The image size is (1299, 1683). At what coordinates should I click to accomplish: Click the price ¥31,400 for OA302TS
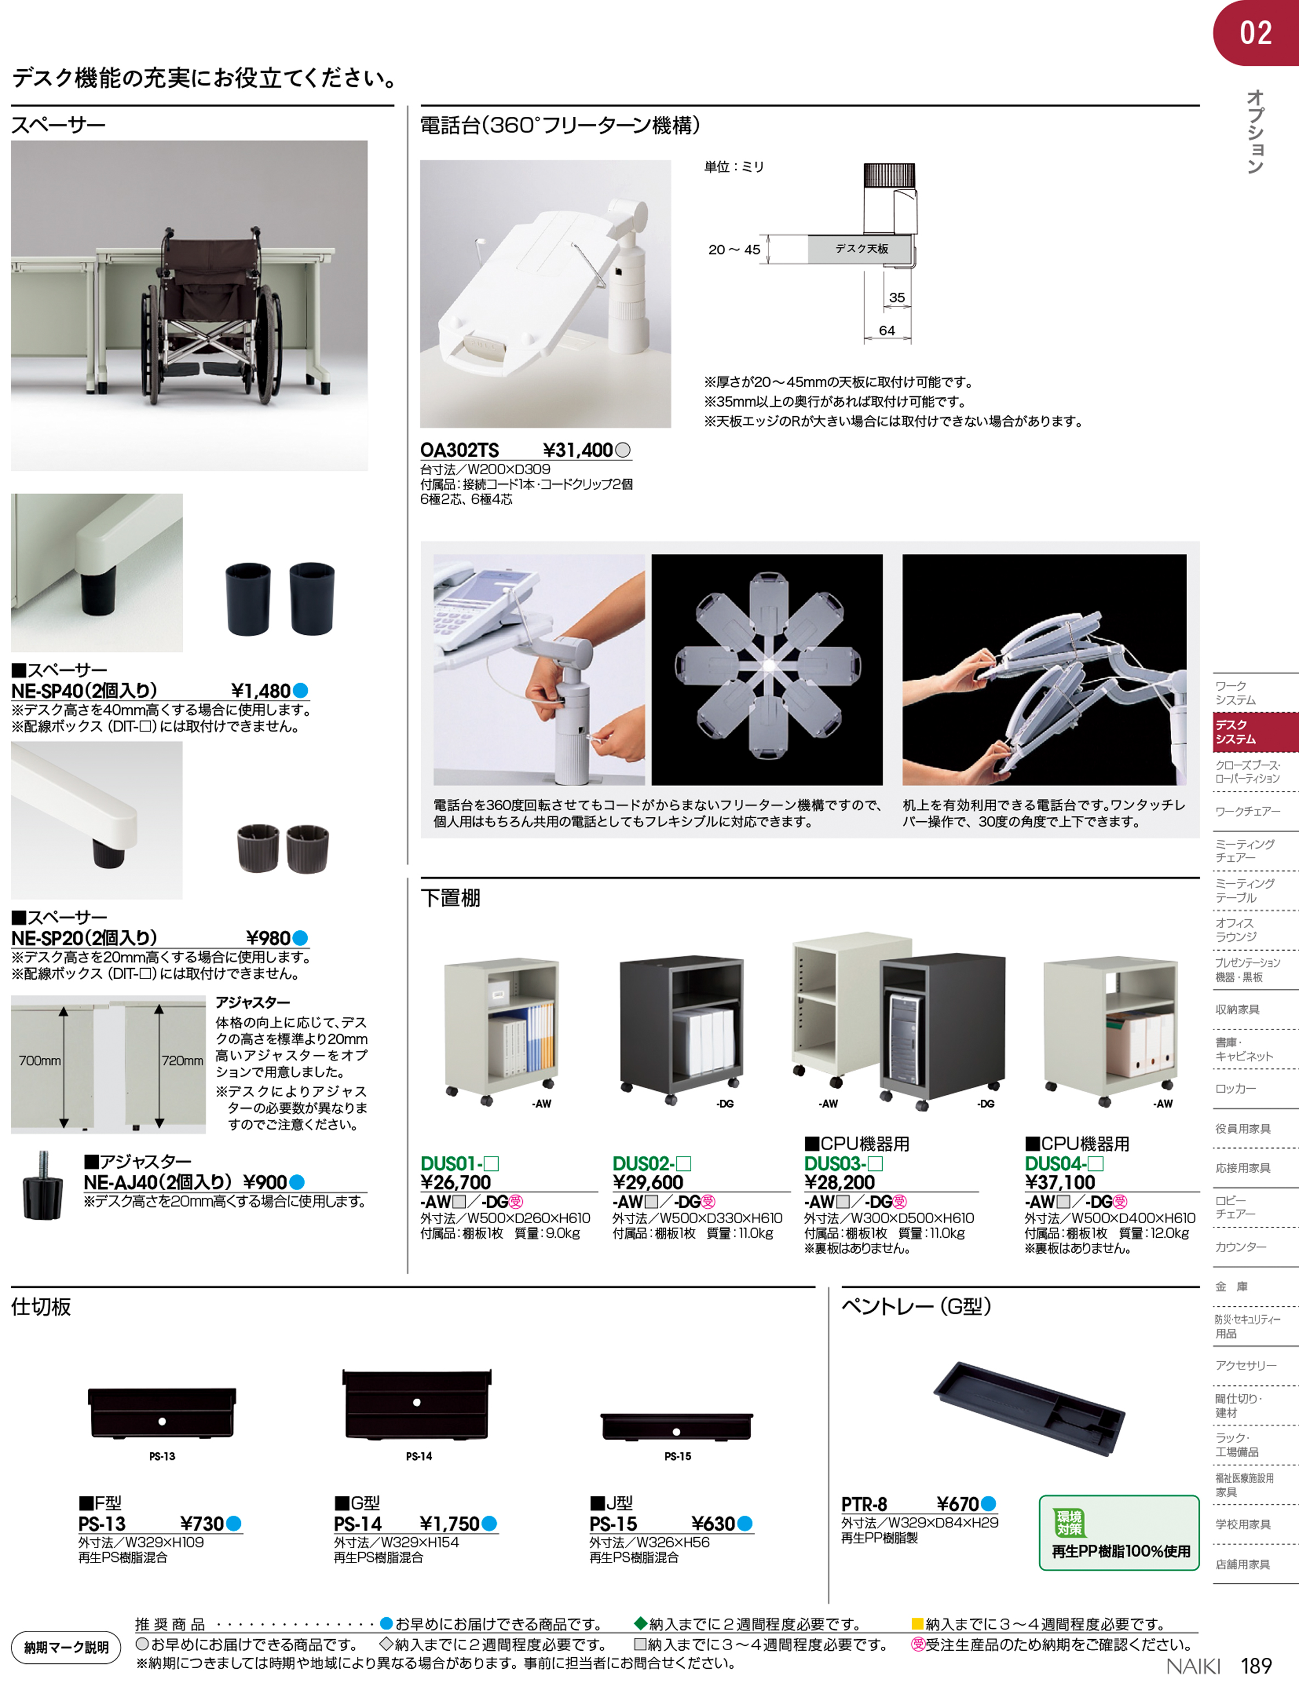[578, 450]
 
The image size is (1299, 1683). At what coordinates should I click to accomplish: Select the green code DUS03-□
[843, 1164]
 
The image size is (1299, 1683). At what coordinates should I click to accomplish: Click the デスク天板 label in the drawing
[862, 249]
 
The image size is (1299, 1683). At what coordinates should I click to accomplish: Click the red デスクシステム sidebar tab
[1255, 732]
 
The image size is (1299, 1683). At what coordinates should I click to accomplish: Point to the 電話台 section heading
[560, 125]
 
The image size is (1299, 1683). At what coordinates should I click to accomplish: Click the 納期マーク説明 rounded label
[66, 1647]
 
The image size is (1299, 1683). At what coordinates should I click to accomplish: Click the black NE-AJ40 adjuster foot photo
[42, 1186]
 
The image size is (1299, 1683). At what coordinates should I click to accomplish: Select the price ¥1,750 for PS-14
[449, 1523]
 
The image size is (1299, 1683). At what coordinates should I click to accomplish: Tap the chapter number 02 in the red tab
[1256, 33]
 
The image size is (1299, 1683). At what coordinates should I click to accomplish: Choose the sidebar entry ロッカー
[1236, 1089]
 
